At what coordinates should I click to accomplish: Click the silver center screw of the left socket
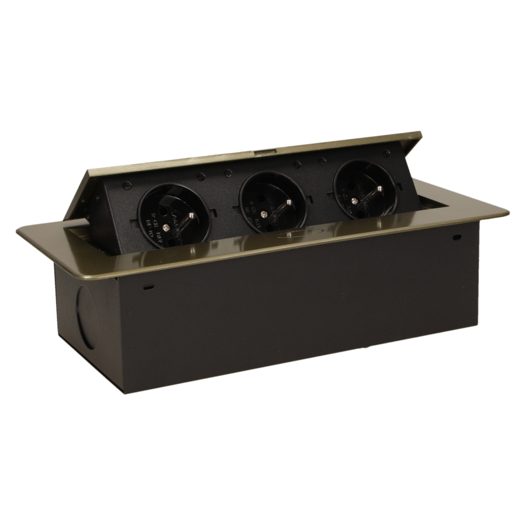click(x=166, y=224)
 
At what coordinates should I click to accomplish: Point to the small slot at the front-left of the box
click(x=148, y=288)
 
